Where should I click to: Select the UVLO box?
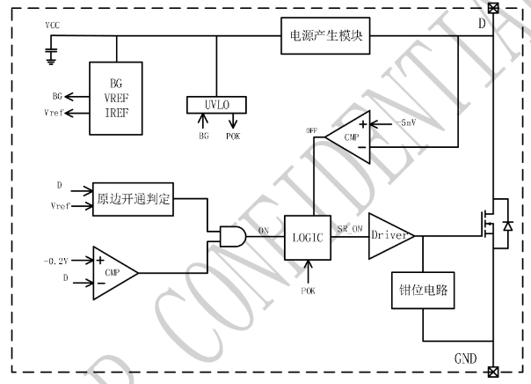(x=216, y=105)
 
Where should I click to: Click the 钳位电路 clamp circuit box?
(x=422, y=292)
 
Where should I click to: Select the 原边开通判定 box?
(x=135, y=197)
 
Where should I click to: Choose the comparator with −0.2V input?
(x=112, y=269)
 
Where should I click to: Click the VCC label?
(x=53, y=25)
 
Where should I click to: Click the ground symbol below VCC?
(x=51, y=56)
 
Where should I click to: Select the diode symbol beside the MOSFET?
(x=506, y=225)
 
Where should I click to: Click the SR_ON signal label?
(x=349, y=227)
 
